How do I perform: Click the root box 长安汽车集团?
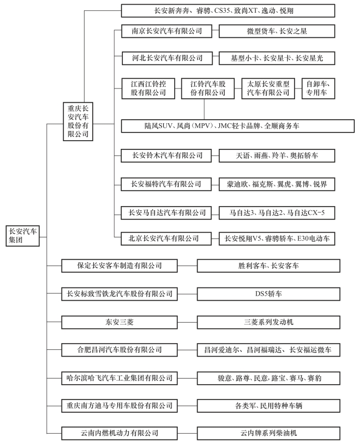point(23,236)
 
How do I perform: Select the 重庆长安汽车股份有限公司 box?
point(78,122)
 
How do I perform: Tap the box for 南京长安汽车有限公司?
point(166,31)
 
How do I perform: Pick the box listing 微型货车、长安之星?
point(277,31)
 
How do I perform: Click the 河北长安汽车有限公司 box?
point(167,58)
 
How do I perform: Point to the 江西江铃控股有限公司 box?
point(149,88)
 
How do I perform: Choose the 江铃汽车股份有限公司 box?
point(208,88)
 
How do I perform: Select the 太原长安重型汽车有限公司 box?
point(268,88)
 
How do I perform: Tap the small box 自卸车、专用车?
point(319,88)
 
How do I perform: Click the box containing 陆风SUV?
point(238,126)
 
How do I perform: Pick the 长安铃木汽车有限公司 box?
point(166,156)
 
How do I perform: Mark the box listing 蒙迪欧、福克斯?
point(277,184)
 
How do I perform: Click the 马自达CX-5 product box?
point(277,213)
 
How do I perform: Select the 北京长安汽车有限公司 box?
point(166,239)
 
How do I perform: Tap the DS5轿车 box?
point(268,294)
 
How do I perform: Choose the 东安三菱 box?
point(119,322)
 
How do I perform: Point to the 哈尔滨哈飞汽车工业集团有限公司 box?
point(119,378)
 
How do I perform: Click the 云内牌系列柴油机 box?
point(268,433)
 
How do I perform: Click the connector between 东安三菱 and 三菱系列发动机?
point(187,322)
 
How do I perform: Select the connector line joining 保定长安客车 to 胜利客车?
point(187,266)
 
